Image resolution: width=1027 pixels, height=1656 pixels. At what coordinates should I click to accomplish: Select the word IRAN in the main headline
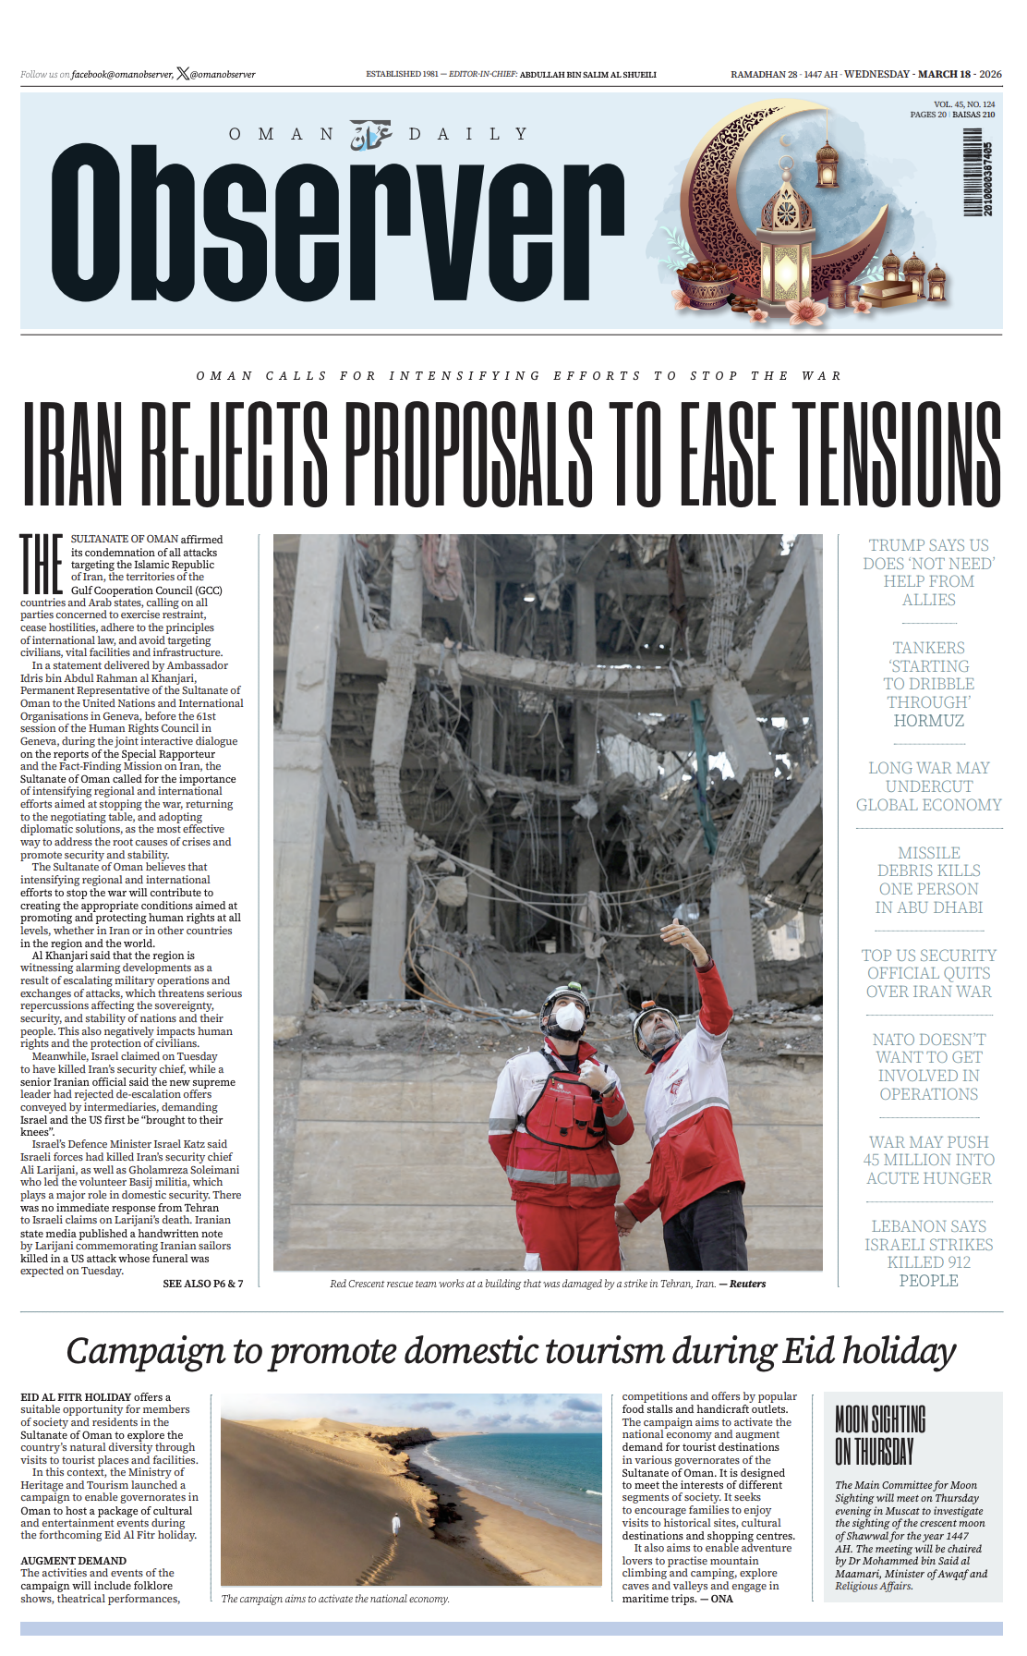tap(72, 455)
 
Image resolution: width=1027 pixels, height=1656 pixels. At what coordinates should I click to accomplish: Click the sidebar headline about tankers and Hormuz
tap(928, 684)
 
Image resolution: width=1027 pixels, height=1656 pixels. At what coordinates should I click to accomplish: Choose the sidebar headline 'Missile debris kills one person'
tap(928, 880)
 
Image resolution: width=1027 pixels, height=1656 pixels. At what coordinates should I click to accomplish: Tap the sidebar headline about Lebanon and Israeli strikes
tap(928, 1253)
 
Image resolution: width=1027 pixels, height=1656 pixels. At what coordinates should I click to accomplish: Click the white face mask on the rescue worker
tap(570, 1017)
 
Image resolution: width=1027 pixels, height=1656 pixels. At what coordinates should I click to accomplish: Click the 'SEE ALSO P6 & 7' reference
tap(202, 1284)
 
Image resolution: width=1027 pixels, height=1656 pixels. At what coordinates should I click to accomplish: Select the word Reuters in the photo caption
tap(747, 1284)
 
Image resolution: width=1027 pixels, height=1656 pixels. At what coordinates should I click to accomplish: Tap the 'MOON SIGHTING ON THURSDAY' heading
tap(880, 1434)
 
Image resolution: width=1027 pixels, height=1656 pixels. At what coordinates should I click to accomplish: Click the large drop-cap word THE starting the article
tap(42, 564)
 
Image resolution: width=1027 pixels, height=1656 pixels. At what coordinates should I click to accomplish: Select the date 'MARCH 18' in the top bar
tap(944, 74)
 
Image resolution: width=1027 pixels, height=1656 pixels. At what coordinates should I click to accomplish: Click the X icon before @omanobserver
tap(182, 74)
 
